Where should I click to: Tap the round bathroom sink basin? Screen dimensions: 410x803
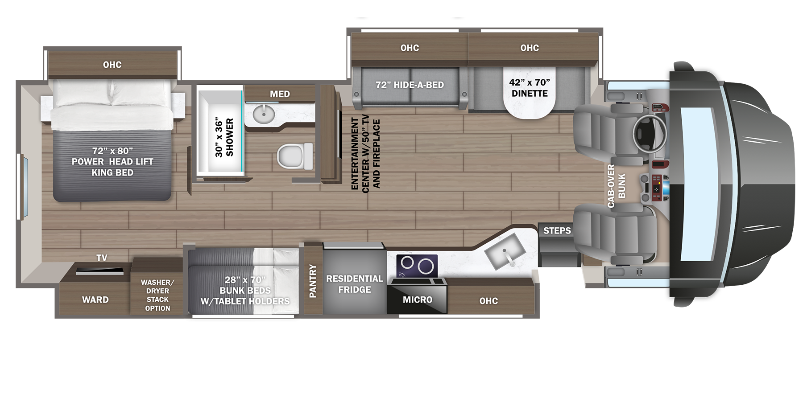tap(263, 114)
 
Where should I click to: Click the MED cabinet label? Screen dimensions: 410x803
tap(280, 94)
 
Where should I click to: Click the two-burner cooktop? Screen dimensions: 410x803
tap(417, 266)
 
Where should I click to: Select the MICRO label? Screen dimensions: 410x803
tap(417, 300)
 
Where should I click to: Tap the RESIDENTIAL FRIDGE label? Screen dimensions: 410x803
tap(354, 284)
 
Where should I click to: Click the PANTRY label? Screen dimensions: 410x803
tap(313, 281)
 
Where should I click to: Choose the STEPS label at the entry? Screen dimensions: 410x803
tap(557, 230)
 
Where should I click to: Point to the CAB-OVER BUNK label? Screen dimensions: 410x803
tap(616, 186)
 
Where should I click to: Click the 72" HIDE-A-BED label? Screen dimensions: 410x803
tap(410, 85)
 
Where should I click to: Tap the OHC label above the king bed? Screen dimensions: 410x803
tap(112, 65)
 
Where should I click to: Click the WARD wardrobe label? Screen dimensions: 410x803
tap(95, 300)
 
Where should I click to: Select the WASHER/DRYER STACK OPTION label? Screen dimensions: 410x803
tap(157, 295)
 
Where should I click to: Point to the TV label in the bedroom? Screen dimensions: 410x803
tap(102, 258)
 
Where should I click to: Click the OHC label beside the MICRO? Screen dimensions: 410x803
tap(488, 301)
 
